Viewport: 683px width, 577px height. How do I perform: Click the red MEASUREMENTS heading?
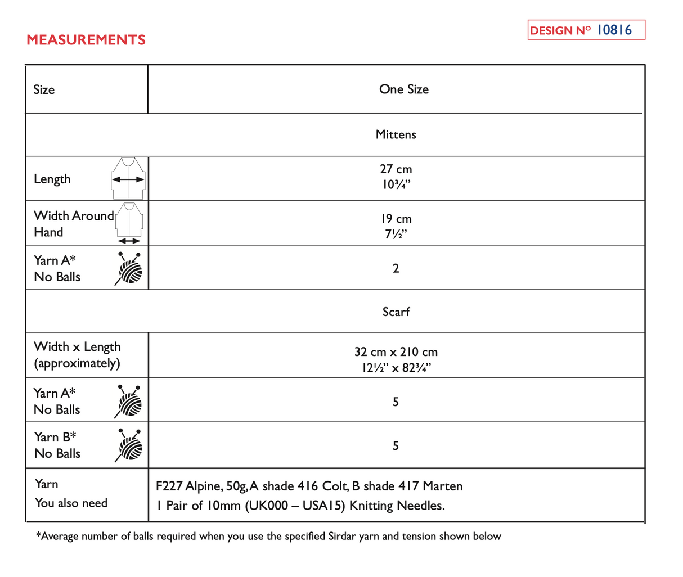[x=86, y=40]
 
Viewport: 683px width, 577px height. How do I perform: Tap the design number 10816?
[x=614, y=30]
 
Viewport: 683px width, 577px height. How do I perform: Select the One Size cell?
[x=403, y=89]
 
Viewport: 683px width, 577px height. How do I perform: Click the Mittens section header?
[x=396, y=134]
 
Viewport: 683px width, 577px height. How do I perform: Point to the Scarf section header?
[x=396, y=312]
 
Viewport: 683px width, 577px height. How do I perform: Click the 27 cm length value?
[x=396, y=169]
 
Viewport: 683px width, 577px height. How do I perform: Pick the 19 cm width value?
[x=396, y=219]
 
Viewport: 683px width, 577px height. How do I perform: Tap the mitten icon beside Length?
[x=128, y=178]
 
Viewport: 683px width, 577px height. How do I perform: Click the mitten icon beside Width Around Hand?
[x=129, y=223]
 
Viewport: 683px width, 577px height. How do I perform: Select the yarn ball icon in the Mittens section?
[x=129, y=268]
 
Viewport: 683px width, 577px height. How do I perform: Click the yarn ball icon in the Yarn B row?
[x=129, y=445]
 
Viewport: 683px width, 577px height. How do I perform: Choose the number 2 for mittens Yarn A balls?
[x=396, y=268]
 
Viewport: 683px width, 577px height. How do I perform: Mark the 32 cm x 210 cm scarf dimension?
[x=396, y=352]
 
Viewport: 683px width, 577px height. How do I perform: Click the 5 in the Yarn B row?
[x=396, y=445]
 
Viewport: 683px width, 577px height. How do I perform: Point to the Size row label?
[x=44, y=90]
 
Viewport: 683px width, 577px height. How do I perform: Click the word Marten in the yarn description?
[x=443, y=486]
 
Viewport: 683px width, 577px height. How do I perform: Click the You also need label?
[x=71, y=503]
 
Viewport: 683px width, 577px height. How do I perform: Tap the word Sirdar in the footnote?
[x=342, y=536]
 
